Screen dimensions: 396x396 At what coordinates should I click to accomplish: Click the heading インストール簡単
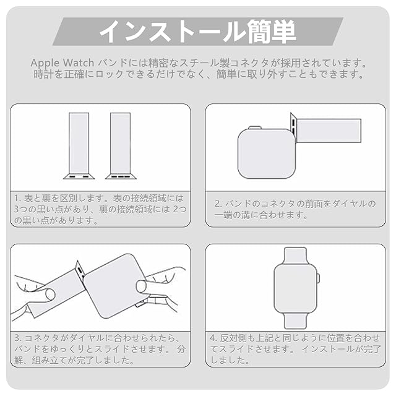[198, 32]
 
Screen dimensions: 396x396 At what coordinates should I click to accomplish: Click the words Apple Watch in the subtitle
[62, 63]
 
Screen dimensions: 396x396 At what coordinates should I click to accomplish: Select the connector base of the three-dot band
[121, 176]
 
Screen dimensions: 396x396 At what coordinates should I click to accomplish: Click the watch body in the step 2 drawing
[267, 154]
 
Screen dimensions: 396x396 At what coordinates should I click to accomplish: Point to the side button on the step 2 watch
[254, 127]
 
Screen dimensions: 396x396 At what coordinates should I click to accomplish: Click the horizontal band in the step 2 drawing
[329, 131]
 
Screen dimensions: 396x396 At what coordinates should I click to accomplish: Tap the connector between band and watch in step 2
[293, 126]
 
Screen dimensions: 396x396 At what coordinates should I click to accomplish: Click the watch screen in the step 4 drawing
[296, 288]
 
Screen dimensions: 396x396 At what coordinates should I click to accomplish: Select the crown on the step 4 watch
[318, 278]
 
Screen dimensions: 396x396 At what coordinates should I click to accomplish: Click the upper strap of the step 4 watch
[295, 256]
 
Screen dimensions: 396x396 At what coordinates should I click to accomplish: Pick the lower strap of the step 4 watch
[296, 321]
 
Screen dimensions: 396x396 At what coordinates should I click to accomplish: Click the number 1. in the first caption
[18, 199]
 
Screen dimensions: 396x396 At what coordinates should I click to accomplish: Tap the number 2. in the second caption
[218, 204]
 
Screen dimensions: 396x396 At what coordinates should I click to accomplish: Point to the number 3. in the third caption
[18, 338]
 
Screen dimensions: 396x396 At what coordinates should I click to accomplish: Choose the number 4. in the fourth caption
[213, 338]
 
